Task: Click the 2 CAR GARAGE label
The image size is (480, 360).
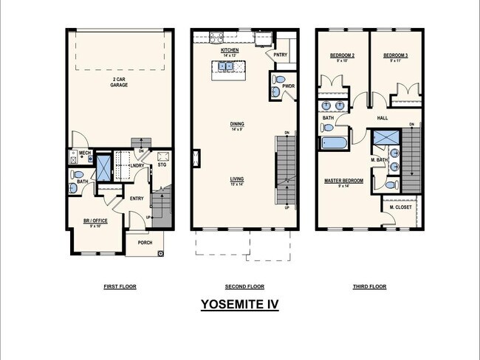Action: [x=119, y=83]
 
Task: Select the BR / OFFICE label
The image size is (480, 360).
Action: [x=96, y=221]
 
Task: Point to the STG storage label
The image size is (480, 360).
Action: [x=162, y=166]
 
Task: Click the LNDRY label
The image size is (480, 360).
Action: [x=137, y=166]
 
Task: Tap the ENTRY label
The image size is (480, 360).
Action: [x=137, y=198]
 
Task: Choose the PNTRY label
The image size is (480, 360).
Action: [x=280, y=55]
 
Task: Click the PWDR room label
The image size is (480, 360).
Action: [x=287, y=86]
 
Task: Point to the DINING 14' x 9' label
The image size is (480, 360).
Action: [x=237, y=125]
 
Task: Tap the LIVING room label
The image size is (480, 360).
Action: [x=237, y=180]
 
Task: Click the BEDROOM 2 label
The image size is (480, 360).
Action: [x=342, y=56]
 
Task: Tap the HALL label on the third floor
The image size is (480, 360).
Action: [x=382, y=118]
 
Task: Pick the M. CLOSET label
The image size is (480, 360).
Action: [x=400, y=207]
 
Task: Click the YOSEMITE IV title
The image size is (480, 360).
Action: [x=239, y=303]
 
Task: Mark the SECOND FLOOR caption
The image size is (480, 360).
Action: [x=244, y=286]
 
